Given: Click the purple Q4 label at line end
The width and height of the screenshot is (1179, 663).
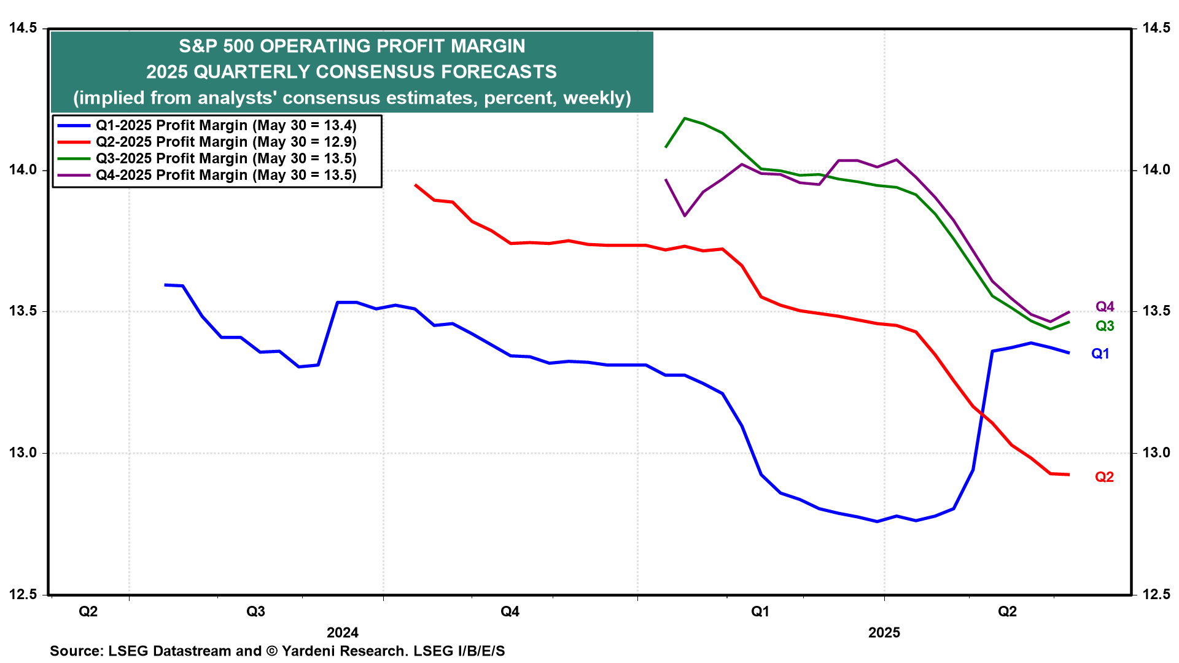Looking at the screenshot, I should pos(1105,307).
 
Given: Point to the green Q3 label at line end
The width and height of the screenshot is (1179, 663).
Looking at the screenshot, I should pos(1105,326).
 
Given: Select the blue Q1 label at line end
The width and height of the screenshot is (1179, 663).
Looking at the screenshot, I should pos(1100,354).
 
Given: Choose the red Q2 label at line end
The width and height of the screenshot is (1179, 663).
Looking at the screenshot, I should pos(1104,477).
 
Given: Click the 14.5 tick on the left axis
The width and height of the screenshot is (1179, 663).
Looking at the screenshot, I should pos(22,28).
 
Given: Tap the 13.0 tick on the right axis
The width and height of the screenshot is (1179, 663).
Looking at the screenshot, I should pos(1156,453).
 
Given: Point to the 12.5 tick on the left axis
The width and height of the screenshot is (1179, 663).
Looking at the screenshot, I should pos(22,594).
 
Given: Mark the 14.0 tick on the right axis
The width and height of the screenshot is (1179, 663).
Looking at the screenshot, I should pos(1156,170).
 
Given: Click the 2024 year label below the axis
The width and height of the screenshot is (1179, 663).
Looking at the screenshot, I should pos(342,632).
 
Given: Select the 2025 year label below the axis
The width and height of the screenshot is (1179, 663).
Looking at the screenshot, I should pos(884,632).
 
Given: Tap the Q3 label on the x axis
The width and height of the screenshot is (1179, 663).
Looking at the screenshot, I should pos(255,611).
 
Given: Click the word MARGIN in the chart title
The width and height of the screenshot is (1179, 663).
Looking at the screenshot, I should pos(488,46).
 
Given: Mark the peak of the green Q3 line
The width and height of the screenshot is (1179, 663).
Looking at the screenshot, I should pos(685,118).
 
